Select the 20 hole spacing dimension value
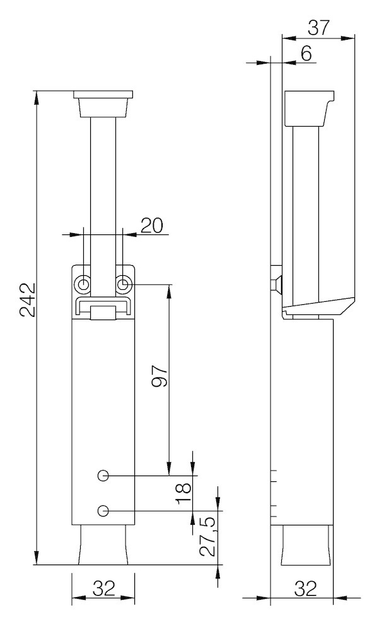tap(151, 226)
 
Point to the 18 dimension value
tap(183, 492)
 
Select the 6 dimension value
tap(306, 54)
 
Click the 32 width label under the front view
tap(103, 588)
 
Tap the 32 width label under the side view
tap(305, 588)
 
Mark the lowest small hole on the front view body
tap(104, 510)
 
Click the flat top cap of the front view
tap(103, 95)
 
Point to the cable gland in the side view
tap(305, 545)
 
